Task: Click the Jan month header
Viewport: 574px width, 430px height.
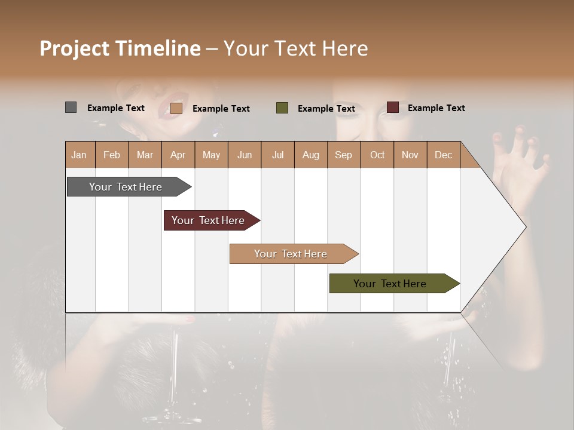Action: coord(80,155)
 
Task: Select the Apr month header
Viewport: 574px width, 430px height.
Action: coord(178,155)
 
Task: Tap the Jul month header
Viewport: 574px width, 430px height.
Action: coord(277,155)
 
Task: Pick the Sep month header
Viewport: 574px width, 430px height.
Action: coord(343,155)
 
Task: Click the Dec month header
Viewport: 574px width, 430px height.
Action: coord(443,155)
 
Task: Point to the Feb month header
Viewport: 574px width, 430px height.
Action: coord(112,155)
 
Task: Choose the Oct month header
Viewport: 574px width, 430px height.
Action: coord(377,155)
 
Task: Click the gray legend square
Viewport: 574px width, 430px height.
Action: coord(71,107)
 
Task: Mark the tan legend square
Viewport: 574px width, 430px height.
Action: coord(176,108)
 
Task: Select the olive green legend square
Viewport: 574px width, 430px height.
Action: coord(282,108)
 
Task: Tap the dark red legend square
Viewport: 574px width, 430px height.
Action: coord(393,107)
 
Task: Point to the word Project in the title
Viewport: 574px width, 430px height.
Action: coord(74,48)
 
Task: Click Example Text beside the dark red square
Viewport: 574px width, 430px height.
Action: coord(436,108)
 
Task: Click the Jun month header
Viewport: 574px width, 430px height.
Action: coord(245,155)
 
